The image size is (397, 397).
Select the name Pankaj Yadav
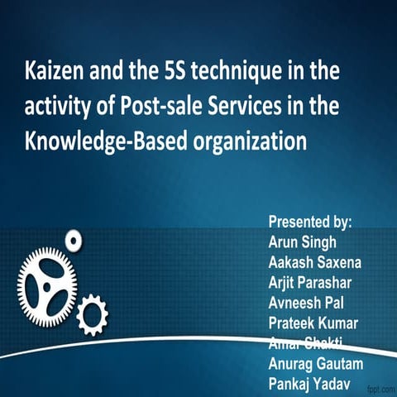coord(310,382)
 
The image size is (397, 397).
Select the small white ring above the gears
coord(74,241)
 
